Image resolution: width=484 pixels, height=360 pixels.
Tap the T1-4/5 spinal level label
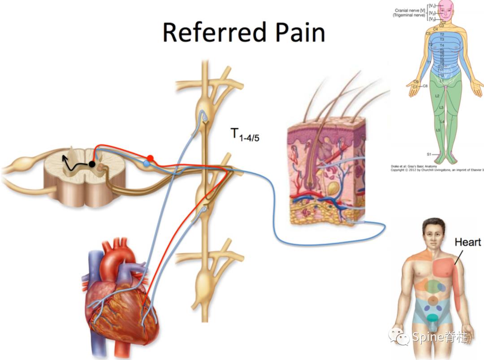click(245, 134)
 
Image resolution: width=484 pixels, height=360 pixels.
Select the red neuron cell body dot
click(151, 158)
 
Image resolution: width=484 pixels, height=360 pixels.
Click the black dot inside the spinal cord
click(92, 164)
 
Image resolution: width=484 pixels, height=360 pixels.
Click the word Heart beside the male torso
click(468, 243)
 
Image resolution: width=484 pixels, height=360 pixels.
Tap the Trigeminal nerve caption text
click(409, 15)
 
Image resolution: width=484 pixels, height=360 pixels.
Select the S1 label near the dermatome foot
click(429, 154)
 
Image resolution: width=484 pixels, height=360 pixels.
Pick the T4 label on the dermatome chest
click(442, 45)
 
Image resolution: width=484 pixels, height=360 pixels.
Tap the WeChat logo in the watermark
click(398, 336)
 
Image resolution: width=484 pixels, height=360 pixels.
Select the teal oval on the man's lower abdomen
click(432, 318)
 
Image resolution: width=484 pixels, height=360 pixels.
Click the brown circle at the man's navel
click(432, 299)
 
